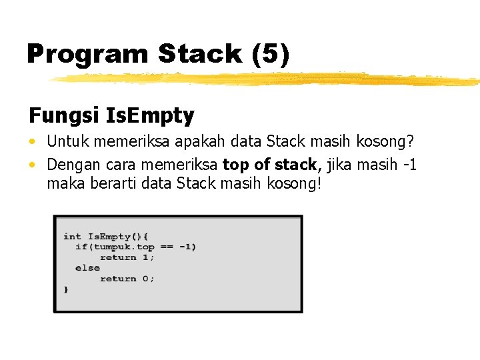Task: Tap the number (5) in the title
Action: [x=272, y=54]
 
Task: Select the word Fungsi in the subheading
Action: [x=64, y=116]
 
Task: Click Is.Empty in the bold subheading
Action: [x=150, y=116]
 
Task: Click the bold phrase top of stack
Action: [x=269, y=164]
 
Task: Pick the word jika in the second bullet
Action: [x=337, y=164]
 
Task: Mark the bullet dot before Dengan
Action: [x=33, y=165]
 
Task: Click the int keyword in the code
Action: [x=72, y=236]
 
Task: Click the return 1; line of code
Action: [x=127, y=257]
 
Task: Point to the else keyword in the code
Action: [x=87, y=268]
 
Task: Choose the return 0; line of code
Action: [x=127, y=279]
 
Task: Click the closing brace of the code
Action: [x=65, y=289]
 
